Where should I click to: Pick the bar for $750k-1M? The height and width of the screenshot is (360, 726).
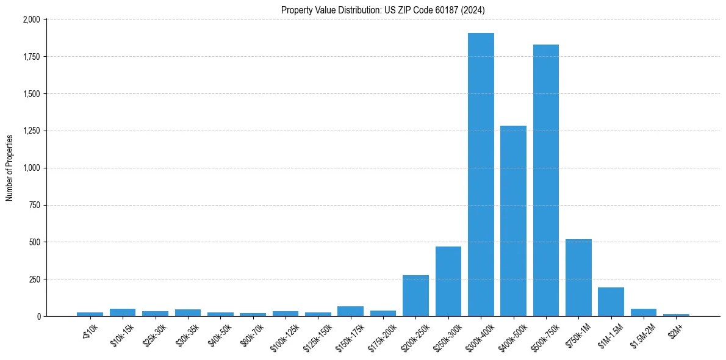[578, 278]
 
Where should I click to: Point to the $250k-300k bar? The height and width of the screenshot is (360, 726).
[448, 281]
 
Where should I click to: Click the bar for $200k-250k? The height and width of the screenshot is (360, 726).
[415, 296]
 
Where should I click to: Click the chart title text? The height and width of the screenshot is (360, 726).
[383, 10]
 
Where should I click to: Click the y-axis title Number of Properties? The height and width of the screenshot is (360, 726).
[10, 168]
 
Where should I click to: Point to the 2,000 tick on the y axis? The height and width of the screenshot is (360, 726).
[31, 20]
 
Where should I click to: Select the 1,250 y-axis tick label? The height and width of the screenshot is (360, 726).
[31, 131]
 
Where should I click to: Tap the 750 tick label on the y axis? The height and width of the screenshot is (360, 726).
[34, 205]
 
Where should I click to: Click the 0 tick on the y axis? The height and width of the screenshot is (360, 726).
[38, 316]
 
